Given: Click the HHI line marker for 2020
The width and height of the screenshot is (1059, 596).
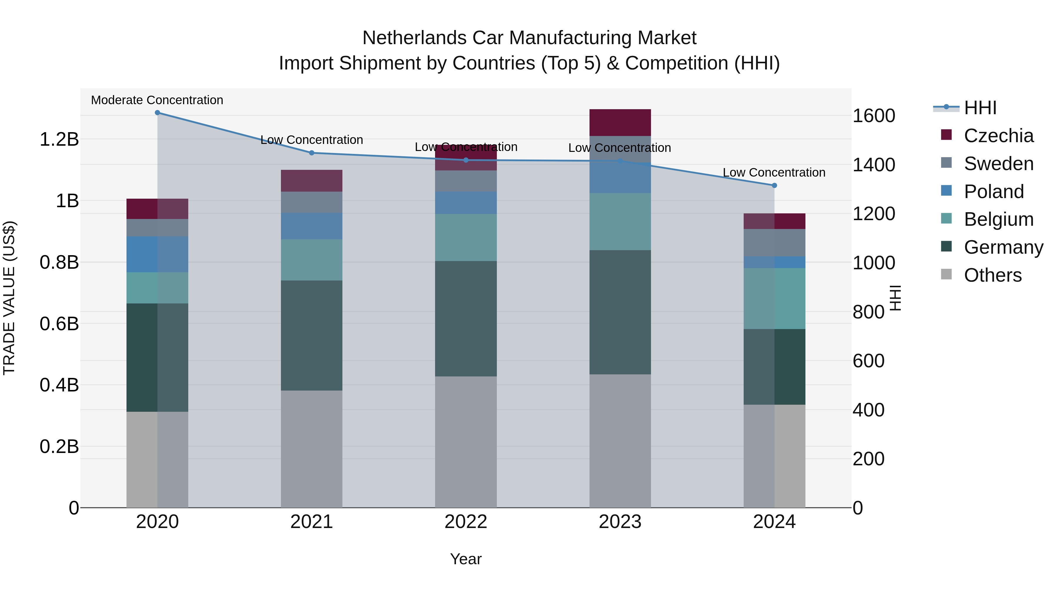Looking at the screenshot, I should click(x=157, y=113).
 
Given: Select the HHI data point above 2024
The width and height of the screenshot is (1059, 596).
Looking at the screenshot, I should click(x=774, y=185).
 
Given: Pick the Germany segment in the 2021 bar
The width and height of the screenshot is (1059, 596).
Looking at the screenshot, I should click(x=312, y=335).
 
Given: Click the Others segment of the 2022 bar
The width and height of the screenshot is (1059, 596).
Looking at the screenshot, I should click(x=466, y=442).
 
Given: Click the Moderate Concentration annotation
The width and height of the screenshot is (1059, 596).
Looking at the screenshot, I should click(x=157, y=100).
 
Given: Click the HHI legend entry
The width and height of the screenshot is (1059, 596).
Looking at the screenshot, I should click(x=980, y=108).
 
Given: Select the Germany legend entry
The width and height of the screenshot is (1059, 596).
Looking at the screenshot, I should click(x=1003, y=247).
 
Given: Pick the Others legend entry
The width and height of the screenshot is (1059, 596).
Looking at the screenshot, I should click(x=993, y=275).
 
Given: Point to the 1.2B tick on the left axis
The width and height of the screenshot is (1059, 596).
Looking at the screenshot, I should click(x=59, y=140).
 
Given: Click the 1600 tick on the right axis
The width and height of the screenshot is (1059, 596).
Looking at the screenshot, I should click(x=874, y=116).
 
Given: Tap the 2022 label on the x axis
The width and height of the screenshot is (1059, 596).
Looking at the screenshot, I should click(x=466, y=522).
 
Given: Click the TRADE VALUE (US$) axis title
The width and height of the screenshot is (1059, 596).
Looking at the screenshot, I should click(x=9, y=298).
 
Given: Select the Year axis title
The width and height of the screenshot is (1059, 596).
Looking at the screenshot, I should click(x=466, y=559).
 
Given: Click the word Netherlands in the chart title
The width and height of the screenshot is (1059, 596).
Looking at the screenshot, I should click(x=414, y=38).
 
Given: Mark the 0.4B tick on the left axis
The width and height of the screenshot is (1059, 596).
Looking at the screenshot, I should click(x=59, y=385).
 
